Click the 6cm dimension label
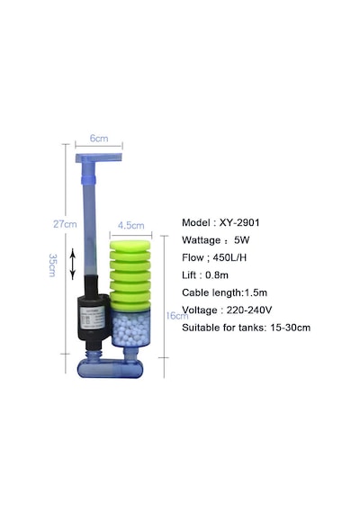point(99,139)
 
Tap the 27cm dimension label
point(65,224)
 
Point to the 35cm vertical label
point(52,265)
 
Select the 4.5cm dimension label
point(130,225)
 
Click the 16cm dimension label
point(177,316)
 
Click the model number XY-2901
point(239,222)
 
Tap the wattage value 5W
point(241,240)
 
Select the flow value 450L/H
point(229,257)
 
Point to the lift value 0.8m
point(217,275)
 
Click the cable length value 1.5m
point(256,292)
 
